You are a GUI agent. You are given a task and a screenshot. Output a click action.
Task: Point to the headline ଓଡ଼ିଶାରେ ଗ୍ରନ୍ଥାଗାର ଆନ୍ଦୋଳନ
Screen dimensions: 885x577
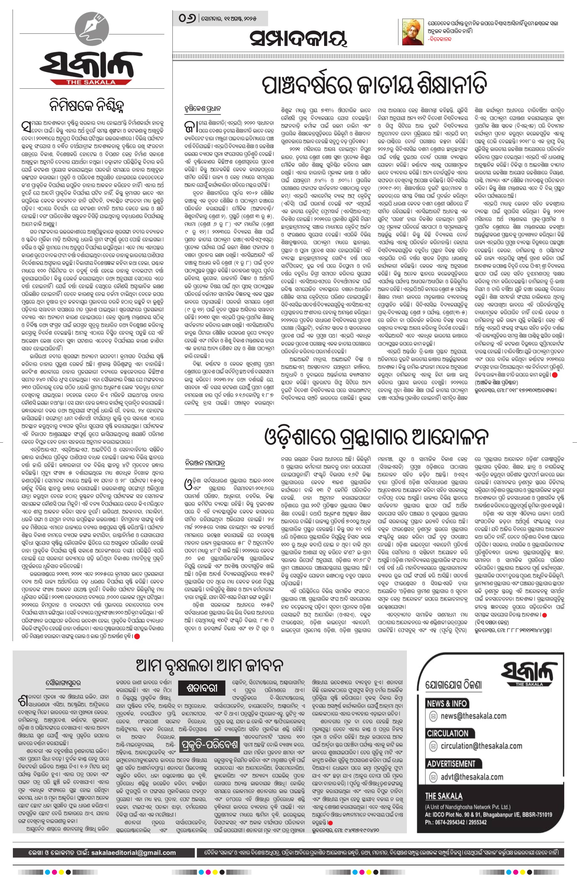(375, 438)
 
